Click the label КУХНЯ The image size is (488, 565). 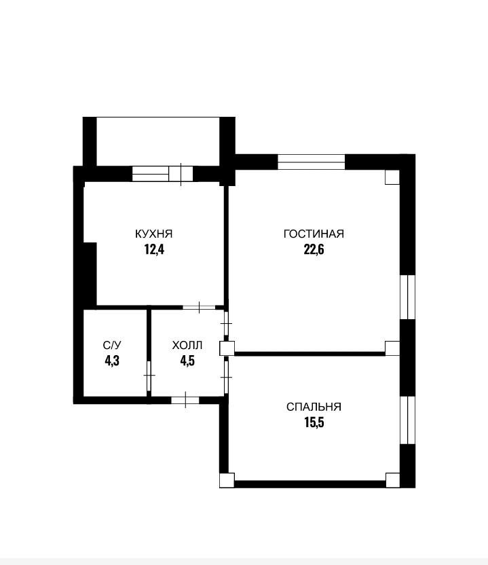154,234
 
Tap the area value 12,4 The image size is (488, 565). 154,249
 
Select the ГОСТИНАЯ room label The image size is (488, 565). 314,234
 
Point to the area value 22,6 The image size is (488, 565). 314,249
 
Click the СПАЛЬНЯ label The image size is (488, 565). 314,407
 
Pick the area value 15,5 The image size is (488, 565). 314,422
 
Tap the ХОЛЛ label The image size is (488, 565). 187,345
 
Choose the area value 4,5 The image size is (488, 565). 187,361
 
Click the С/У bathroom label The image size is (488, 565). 112,345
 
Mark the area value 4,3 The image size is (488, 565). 112,361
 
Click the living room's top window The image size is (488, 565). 312,162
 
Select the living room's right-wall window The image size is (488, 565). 408,297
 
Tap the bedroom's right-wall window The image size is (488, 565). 408,420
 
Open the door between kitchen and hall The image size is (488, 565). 199,308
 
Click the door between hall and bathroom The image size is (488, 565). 149,376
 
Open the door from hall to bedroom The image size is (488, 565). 226,378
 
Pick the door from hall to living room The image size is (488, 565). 226,323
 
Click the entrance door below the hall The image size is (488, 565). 185,400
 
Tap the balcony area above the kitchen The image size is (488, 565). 158,142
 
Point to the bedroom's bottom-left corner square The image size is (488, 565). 227,480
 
